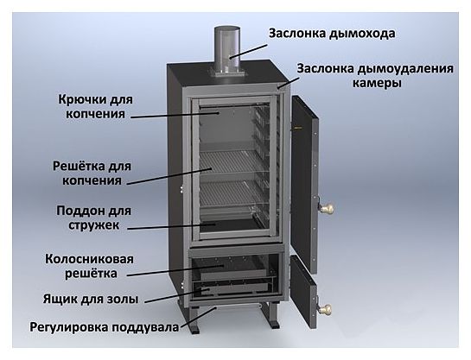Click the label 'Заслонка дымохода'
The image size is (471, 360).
pos(332,34)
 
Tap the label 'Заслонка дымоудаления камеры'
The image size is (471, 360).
pos(375,76)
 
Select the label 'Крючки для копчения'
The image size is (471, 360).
pos(96,107)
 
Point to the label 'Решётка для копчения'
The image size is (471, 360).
pos(92,174)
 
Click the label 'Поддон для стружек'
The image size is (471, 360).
pos(93,218)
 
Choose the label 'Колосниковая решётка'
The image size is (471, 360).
pos(90,266)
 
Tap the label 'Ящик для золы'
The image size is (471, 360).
pos(91,299)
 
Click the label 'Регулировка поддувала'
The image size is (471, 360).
pos(105,327)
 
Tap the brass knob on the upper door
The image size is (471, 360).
pos(327,208)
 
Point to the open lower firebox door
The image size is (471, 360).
pos(303,290)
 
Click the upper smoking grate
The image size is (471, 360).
pos(230,161)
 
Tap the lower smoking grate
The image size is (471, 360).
pos(230,193)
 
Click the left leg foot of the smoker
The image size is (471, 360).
pos(194,329)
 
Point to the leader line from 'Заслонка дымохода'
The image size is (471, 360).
pos(248,51)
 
